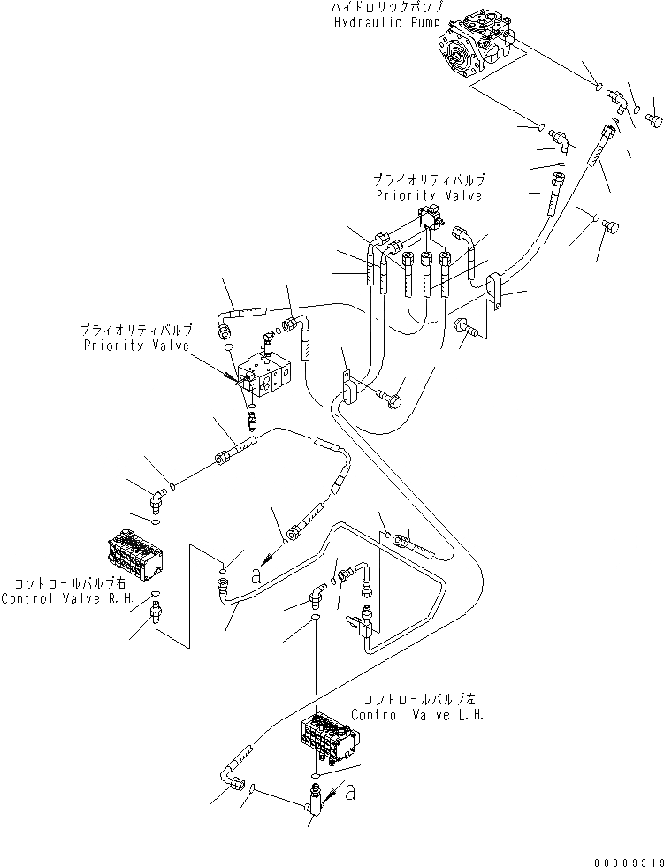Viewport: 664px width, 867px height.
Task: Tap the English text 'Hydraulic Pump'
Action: (x=385, y=23)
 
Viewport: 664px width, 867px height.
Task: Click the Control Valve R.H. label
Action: (x=54, y=598)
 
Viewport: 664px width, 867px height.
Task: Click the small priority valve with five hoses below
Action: (x=431, y=217)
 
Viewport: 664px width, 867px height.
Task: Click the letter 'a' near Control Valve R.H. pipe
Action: (x=256, y=574)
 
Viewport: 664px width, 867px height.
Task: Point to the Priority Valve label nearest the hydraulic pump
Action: (x=429, y=195)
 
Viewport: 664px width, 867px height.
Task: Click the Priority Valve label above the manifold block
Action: (x=136, y=346)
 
